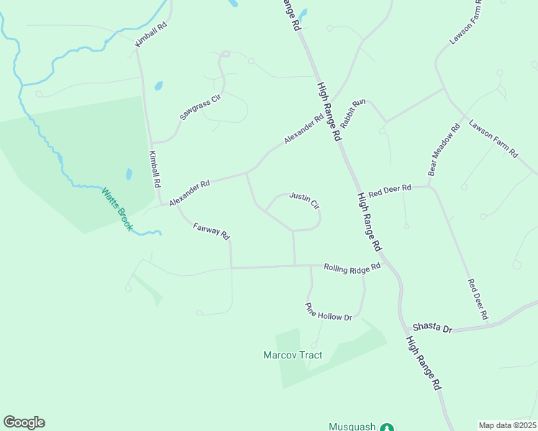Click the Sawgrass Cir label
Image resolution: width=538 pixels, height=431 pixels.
click(x=199, y=106)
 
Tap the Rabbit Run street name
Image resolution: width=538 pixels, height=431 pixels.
click(x=353, y=113)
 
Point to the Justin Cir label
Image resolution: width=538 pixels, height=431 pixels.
click(x=304, y=200)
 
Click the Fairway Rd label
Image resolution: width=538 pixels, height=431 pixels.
click(x=211, y=231)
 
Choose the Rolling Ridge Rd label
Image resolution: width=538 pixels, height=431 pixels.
click(x=352, y=268)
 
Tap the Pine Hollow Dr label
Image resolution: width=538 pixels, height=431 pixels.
click(x=329, y=312)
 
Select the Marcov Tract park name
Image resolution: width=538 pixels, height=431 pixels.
click(x=293, y=355)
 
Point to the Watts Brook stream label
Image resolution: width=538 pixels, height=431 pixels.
click(x=117, y=209)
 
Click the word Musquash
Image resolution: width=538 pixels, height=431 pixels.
click(x=352, y=427)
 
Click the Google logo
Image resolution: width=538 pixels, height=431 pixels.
click(x=24, y=422)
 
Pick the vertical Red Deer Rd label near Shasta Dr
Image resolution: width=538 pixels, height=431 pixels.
click(x=478, y=300)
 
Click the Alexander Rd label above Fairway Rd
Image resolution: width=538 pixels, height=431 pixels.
click(x=189, y=193)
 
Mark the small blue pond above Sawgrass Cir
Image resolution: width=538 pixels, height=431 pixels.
click(x=158, y=85)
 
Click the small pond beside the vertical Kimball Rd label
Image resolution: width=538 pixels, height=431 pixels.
click(x=129, y=174)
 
